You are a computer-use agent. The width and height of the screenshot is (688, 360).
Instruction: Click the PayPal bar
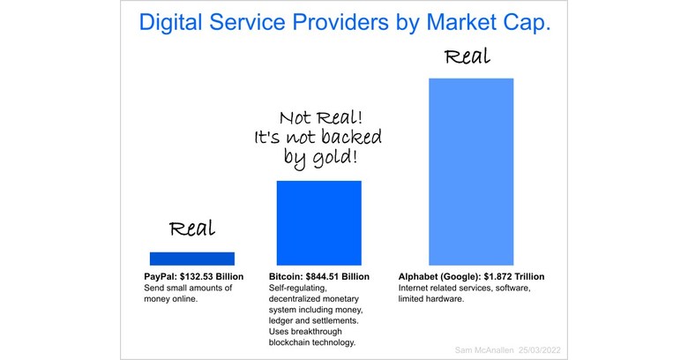click(192, 259)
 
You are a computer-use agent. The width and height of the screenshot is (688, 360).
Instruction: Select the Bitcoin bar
click(318, 222)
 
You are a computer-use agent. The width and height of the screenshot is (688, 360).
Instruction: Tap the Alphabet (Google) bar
click(470, 171)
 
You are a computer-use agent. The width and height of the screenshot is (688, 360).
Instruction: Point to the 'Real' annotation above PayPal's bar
click(192, 229)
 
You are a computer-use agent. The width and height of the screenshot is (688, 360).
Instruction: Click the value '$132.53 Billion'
click(212, 277)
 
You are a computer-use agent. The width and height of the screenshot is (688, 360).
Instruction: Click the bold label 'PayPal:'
click(162, 277)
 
